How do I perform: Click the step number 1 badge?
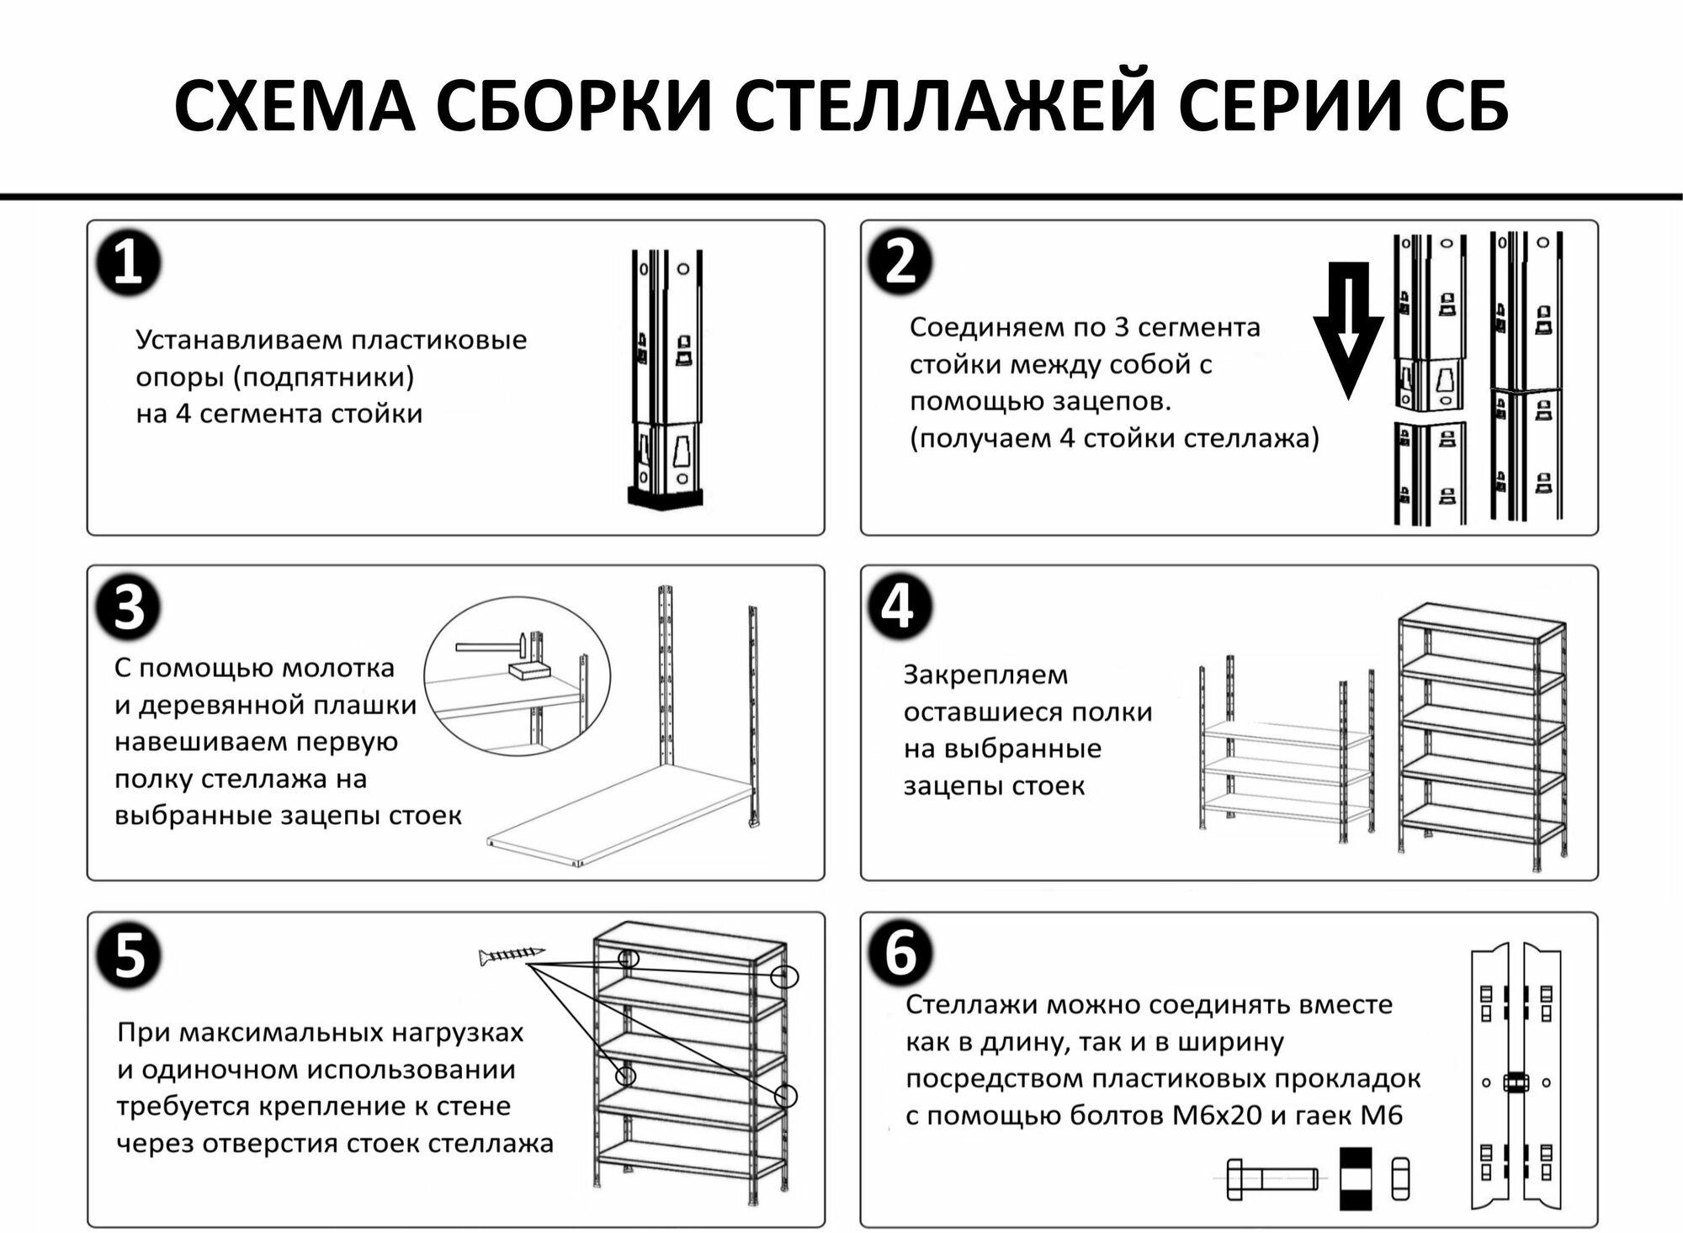[x=128, y=263]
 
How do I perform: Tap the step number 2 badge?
[x=900, y=262]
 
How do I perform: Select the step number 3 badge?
[x=128, y=607]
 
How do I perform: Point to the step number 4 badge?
[x=898, y=606]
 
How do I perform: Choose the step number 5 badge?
[x=128, y=955]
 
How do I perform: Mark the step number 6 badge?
[x=900, y=954]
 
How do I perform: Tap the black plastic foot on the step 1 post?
[x=665, y=497]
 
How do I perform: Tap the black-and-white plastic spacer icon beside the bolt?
[x=1355, y=1178]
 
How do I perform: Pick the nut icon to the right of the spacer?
[x=1399, y=1178]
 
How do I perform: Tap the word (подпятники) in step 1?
[x=323, y=378]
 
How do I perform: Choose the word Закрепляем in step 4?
[x=985, y=675]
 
